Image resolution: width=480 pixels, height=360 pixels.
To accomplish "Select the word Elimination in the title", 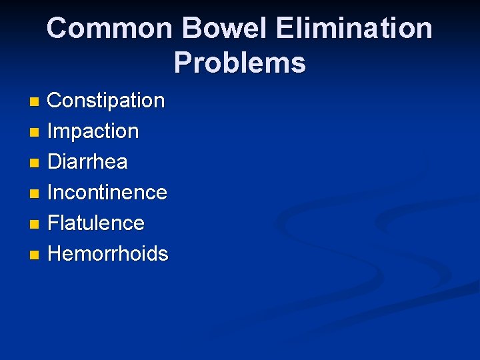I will pyautogui.click(x=353, y=29).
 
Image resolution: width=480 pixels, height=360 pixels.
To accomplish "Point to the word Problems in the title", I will pyautogui.click(x=240, y=63).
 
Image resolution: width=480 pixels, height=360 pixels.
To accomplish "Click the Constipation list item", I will pyautogui.click(x=106, y=101).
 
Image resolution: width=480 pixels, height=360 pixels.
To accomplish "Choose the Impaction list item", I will pyautogui.click(x=93, y=131).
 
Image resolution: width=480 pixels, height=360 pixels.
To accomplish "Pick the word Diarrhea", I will pyautogui.click(x=87, y=162).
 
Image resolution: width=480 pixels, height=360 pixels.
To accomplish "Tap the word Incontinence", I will pyautogui.click(x=107, y=193).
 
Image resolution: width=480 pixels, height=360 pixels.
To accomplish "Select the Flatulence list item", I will pyautogui.click(x=96, y=223).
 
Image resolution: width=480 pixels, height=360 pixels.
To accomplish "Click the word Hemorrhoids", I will pyautogui.click(x=108, y=253).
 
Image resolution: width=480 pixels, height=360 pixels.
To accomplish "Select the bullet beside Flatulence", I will pyautogui.click(x=35, y=224).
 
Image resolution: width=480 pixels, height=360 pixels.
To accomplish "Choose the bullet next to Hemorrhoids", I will pyautogui.click(x=35, y=255).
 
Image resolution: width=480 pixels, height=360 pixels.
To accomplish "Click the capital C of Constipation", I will pyautogui.click(x=55, y=101).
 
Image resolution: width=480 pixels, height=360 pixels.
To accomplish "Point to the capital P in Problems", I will pyautogui.click(x=183, y=63).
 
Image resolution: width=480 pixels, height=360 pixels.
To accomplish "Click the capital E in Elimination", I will pyautogui.click(x=283, y=29).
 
